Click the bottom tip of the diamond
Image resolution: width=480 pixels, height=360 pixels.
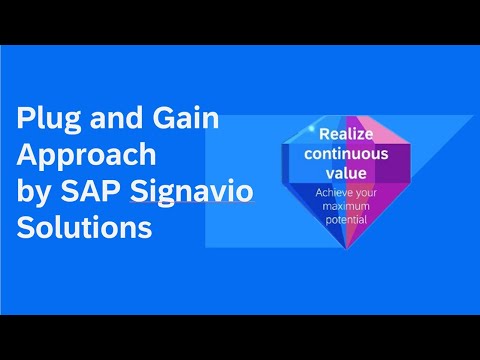pos(343,249)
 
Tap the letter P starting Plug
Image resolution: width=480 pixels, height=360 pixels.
pos(26,119)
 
